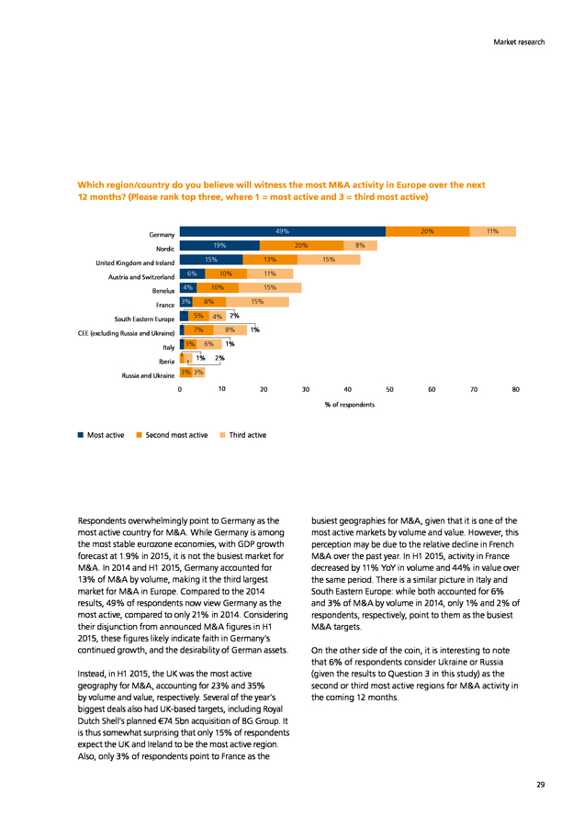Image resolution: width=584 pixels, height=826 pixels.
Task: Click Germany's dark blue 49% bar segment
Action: click(283, 231)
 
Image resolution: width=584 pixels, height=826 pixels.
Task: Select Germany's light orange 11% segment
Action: click(493, 231)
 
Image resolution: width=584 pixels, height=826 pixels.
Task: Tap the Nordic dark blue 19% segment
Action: click(219, 245)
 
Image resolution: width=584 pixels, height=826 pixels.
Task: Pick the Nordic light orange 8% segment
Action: click(361, 245)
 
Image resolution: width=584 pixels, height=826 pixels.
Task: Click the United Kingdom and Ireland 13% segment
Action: click(270, 260)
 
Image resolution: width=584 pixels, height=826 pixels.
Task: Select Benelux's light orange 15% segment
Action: click(270, 287)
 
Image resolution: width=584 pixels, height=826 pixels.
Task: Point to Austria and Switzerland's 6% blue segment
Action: click(193, 273)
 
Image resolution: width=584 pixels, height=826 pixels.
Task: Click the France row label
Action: click(165, 305)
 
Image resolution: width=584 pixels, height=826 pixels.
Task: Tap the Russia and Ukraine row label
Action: click(148, 375)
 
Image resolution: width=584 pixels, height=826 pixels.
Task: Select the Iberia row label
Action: click(166, 362)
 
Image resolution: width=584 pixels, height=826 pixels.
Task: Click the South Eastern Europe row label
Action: click(144, 319)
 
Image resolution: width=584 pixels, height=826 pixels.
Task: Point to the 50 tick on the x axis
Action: click(389, 389)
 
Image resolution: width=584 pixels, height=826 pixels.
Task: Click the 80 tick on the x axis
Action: click(515, 389)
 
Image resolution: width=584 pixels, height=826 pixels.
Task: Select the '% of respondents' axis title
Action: click(350, 405)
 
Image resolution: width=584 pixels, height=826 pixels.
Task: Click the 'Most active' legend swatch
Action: click(81, 435)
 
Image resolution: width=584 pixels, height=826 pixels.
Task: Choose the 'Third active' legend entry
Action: click(243, 435)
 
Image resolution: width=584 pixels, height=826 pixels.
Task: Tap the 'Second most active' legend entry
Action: click(173, 435)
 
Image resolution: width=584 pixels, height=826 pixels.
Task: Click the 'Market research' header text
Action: click(519, 42)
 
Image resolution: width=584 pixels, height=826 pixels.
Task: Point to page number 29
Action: click(541, 785)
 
